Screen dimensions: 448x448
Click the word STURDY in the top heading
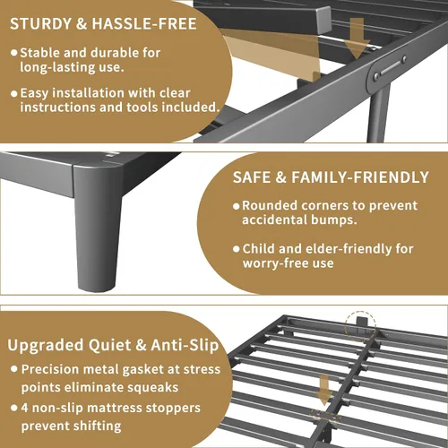40,24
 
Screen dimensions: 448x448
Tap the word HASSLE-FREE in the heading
144,24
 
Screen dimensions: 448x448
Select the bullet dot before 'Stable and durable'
14,53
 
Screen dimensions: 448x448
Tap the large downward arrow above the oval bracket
357,38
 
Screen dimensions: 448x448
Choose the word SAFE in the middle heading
252,177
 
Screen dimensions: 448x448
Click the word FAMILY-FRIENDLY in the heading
360,177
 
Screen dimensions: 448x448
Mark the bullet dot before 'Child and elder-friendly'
237,249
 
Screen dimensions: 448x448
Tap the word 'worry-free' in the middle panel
275,263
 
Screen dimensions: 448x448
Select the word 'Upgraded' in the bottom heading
46,346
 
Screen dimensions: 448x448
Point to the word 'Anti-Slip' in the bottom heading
185,346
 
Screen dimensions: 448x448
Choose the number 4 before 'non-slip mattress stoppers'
24,408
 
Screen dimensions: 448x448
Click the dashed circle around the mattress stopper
360,326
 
